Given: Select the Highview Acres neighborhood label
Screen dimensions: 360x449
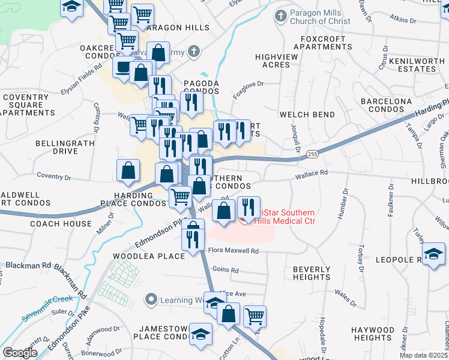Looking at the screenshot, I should coord(273,61).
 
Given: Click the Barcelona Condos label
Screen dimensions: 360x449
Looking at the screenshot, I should coord(387,106).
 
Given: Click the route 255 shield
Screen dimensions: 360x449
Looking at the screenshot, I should coord(312,154).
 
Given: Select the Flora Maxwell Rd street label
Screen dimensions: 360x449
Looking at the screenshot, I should coord(233,251).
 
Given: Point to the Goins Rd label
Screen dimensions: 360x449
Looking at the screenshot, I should coord(225,271).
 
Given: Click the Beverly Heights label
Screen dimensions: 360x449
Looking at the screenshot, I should coord(312,274).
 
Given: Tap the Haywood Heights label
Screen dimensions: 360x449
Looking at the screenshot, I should coord(373,334).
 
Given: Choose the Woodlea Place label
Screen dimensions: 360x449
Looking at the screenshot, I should coord(149,256).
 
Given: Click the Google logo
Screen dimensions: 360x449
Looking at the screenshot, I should coord(20,353).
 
